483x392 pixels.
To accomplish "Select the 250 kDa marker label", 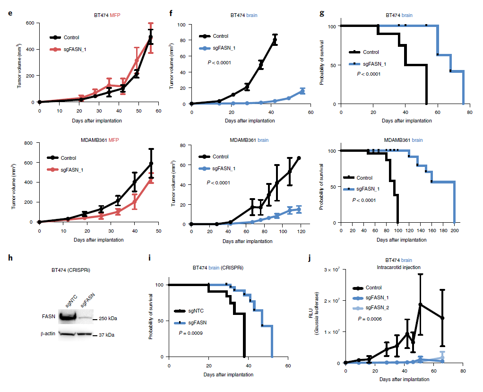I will point(107,319).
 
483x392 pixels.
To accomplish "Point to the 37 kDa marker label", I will point(107,335).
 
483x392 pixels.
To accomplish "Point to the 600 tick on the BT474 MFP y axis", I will point(30,23).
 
